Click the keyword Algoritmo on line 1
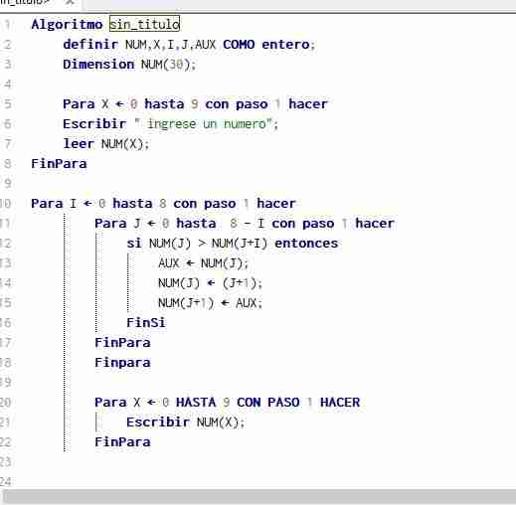67,25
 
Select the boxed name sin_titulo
144,24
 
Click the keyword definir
90,44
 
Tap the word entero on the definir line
285,44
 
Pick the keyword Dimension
98,64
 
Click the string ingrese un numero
207,124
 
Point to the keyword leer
79,143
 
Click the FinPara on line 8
59,163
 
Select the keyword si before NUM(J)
134,243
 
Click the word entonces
306,243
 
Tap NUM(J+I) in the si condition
240,244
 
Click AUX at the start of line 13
169,263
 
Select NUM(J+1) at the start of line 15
186,303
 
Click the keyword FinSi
146,322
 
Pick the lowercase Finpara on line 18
122,363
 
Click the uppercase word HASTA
196,402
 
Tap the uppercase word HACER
340,402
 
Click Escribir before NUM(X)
158,421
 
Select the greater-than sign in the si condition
202,244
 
